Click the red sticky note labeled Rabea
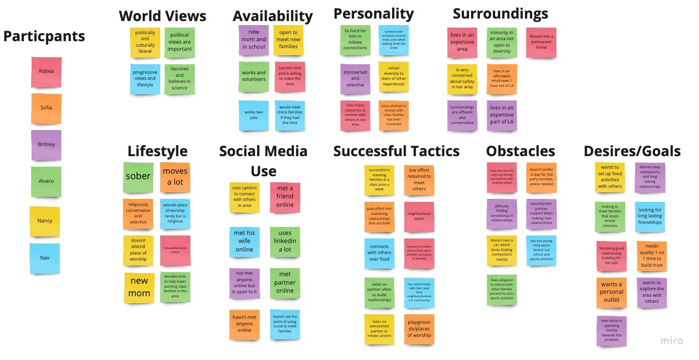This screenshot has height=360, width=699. point(46,71)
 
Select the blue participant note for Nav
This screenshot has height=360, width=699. point(45,258)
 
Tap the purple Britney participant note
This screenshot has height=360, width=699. point(46,145)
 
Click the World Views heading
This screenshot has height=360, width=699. point(162,16)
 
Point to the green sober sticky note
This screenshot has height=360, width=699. point(138,177)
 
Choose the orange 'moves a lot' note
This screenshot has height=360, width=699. point(175,177)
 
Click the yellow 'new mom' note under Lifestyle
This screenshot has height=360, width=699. point(139,287)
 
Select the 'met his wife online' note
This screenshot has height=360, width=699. point(244,241)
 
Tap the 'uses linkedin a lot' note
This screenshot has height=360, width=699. point(285,241)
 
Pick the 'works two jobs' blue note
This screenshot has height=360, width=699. point(253,115)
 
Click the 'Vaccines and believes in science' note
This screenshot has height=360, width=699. point(179,78)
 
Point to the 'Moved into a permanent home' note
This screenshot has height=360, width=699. point(541,42)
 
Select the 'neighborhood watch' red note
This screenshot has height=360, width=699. point(419,217)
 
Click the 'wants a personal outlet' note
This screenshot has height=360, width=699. point(611,292)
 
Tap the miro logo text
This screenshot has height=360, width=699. point(671,341)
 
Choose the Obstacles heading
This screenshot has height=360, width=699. point(520,151)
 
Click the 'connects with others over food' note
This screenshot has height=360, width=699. point(379,253)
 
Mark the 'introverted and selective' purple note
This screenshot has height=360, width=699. point(355,79)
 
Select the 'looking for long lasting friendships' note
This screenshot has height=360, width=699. point(650,216)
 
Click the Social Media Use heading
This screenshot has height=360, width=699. point(263,161)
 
